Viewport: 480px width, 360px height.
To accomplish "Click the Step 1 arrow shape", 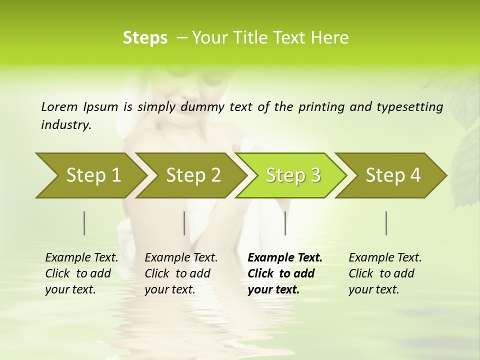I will coord(90,175).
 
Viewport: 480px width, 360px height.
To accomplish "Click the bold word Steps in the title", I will coord(145,38).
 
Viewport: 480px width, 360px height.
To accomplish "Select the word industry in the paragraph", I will coord(65,125).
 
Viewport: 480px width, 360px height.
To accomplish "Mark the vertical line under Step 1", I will coord(84,223).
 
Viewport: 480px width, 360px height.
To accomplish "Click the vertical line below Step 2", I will coord(184,223).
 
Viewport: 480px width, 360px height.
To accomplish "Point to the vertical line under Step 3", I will coord(285,223).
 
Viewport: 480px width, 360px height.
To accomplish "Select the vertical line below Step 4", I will coord(386,223).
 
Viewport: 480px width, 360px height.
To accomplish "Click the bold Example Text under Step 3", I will coord(285,258).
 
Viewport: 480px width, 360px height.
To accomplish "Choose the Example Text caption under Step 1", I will coord(81,258).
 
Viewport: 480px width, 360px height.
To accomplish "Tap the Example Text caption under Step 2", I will coord(181,258).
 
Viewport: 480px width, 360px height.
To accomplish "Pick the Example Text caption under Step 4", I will coord(385,258).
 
